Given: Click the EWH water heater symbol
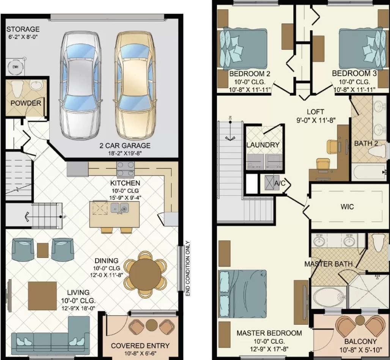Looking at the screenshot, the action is [15, 66].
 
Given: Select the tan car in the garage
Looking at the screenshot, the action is [135, 85].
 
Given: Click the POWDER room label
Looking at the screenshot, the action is [26, 103].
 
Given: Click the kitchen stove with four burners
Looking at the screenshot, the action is [125, 169].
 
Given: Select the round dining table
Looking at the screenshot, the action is [145, 275].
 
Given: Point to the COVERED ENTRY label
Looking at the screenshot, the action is [140, 346].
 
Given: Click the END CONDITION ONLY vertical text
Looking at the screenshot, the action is [188, 269].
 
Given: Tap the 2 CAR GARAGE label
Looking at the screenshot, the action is [125, 145].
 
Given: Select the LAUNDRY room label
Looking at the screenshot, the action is [263, 145].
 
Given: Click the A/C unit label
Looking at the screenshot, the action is [280, 183].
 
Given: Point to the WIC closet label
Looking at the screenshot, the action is [347, 206].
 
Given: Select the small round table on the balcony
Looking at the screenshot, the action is [360, 321].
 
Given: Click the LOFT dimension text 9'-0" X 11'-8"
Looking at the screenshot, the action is [316, 121].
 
